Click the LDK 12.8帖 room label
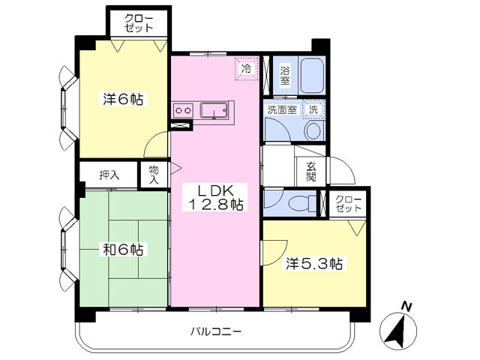tap(214, 197)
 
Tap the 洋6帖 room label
tap(123, 99)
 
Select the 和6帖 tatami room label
tap(123, 250)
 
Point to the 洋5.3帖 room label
tap(314, 263)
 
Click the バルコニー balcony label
tap(216, 331)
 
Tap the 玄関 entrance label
tap(311, 172)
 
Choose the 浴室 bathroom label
tap(285, 76)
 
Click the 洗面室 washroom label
tap(282, 109)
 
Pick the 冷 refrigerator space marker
tap(247, 69)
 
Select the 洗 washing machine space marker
tap(313, 109)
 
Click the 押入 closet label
tap(109, 175)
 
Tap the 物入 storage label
tap(154, 175)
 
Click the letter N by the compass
tap(406, 307)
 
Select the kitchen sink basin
tap(214, 110)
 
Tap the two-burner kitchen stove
tap(183, 110)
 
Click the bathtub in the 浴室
tap(312, 76)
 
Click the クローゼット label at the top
tap(139, 23)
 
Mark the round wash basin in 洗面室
tap(312, 130)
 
